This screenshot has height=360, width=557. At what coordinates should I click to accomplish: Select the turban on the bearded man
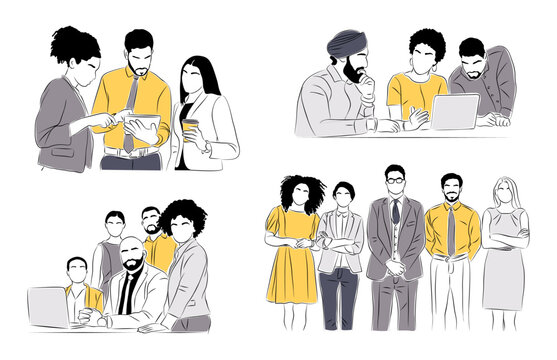[345, 44]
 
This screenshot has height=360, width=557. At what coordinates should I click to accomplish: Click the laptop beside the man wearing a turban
[455, 111]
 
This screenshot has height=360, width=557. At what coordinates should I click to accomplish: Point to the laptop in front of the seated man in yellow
[47, 306]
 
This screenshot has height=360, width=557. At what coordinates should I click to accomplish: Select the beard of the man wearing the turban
[352, 75]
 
